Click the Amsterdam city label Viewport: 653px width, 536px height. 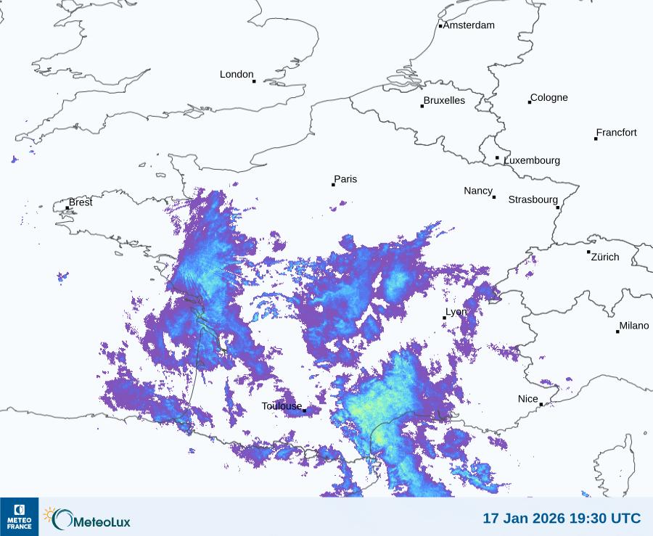[469, 25]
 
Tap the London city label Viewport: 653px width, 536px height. [237, 75]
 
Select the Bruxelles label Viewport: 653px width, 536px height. [444, 101]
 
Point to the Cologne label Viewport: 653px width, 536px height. [549, 98]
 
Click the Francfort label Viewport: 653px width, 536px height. [616, 133]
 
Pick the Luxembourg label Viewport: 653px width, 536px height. [532, 160]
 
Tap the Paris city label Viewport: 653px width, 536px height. [345, 180]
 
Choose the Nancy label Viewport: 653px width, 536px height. [478, 191]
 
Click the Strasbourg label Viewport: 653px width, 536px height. [533, 199]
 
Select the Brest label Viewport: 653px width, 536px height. [81, 202]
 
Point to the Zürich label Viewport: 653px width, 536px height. [605, 257]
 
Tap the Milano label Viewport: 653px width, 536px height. [634, 326]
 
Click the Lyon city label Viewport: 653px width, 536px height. [456, 312]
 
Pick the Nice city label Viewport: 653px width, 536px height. [527, 399]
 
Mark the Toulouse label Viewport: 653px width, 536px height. [282, 406]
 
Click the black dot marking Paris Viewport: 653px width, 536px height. [333, 185]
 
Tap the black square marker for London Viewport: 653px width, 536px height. [254, 81]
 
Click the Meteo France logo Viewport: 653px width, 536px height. [19, 516]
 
